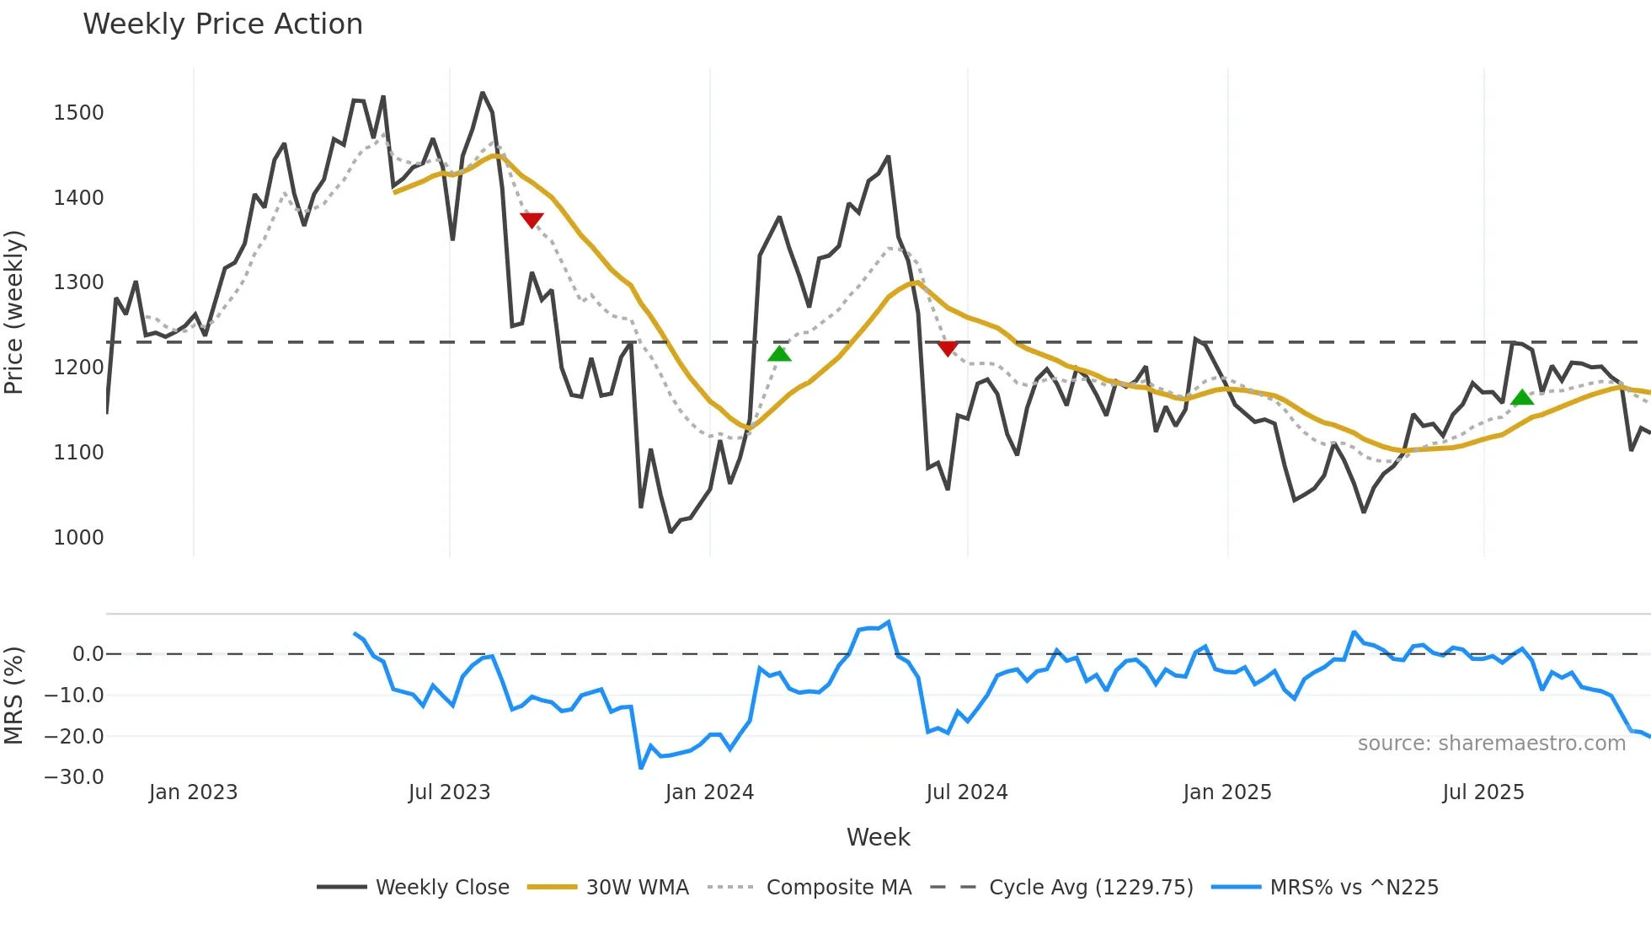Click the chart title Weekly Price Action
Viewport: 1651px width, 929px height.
coord(222,24)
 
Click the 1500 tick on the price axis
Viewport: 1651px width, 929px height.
coord(78,113)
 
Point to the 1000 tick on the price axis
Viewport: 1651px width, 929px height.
coord(78,538)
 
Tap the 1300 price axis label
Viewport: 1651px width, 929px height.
coord(78,282)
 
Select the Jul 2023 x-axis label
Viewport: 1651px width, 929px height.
coord(449,792)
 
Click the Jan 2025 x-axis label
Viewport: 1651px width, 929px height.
coord(1226,792)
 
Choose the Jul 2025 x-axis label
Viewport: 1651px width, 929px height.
coord(1483,792)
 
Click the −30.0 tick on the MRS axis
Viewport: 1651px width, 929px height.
coord(74,777)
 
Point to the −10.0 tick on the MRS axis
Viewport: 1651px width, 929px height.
coord(74,695)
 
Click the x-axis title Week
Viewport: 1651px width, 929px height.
coord(878,837)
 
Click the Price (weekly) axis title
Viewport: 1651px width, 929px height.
coord(14,312)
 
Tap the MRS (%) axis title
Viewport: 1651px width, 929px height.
coord(14,695)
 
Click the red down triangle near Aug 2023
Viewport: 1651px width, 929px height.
coord(532,220)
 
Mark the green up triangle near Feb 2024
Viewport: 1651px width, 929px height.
coord(779,353)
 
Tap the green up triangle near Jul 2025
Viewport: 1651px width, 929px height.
coord(1522,398)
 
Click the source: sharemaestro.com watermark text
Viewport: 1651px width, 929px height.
coord(1491,744)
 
